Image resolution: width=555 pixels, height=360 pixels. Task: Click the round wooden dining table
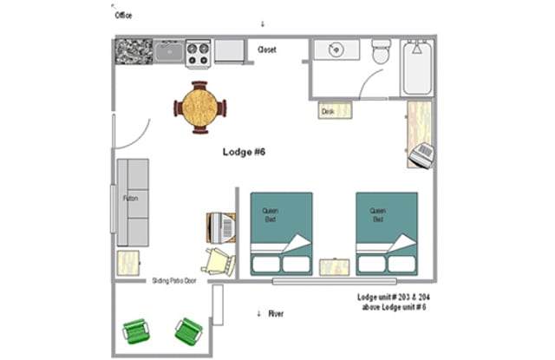[x=200, y=107]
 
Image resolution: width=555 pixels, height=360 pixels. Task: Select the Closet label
[x=267, y=50]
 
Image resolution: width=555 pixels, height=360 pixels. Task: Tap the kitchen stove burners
[x=199, y=52]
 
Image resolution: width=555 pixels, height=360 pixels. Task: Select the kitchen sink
[x=169, y=53]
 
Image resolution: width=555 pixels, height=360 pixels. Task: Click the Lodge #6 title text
[x=244, y=153]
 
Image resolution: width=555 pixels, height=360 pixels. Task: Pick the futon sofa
[x=133, y=201]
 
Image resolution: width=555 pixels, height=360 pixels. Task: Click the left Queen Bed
[x=281, y=233]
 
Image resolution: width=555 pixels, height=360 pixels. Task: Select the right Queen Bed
[x=386, y=233]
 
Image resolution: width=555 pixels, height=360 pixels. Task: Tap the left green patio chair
[x=136, y=331]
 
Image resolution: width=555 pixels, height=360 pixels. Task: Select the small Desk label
[x=329, y=111]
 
